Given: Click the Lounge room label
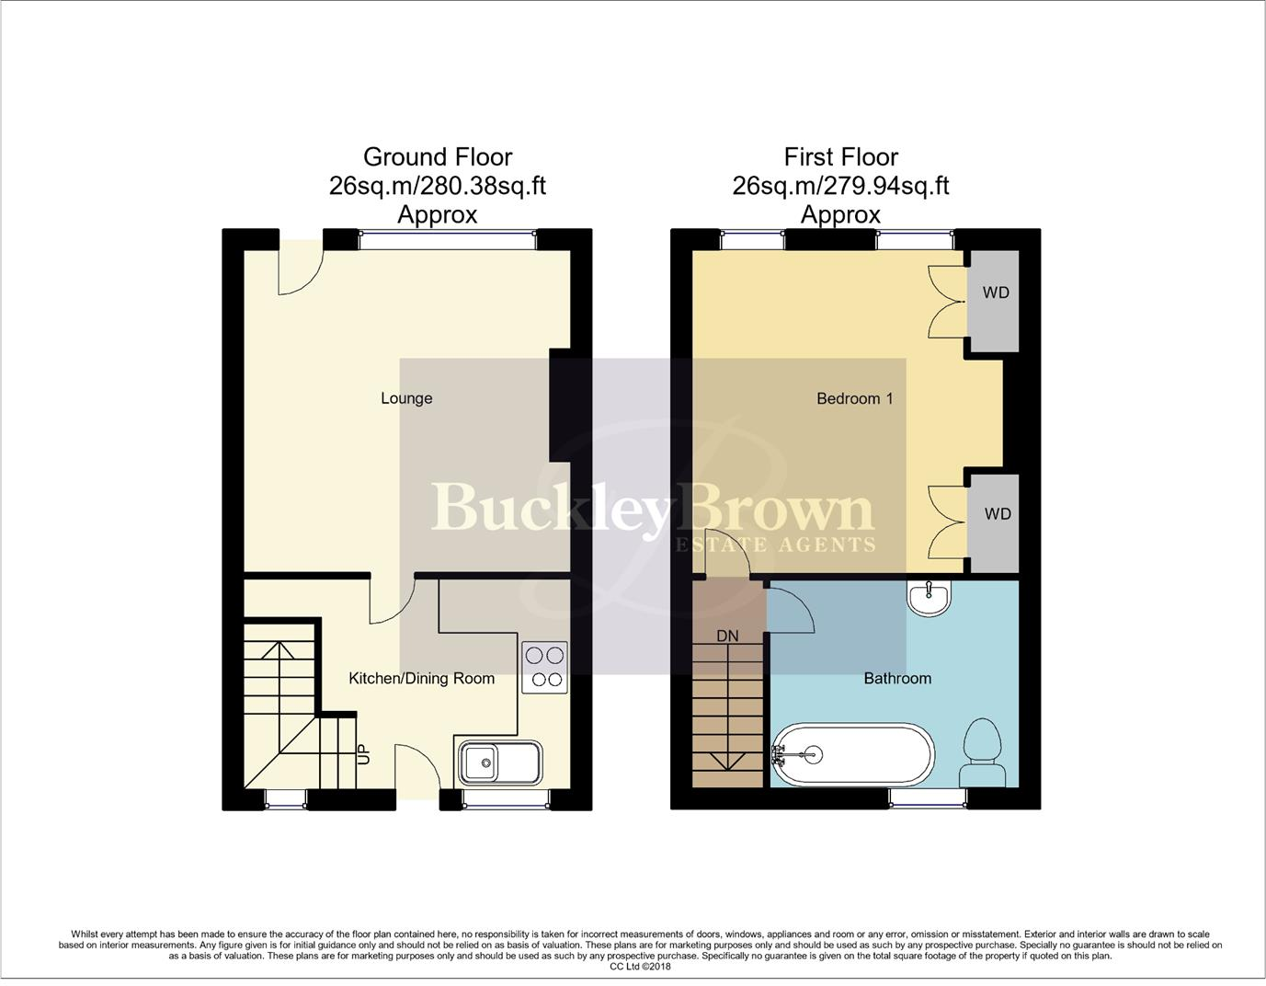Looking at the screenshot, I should (x=406, y=398).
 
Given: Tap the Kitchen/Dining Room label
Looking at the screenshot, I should (x=421, y=679).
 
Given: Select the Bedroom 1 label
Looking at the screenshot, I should (x=854, y=398).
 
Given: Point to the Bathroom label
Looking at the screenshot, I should (x=896, y=679).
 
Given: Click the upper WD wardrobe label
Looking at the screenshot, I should (x=996, y=293).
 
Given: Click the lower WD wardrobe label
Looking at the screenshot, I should (x=997, y=514).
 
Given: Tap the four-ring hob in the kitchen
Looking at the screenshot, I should (x=543, y=668).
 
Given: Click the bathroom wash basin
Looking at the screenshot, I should (x=930, y=598).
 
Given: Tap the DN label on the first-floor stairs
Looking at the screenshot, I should (x=727, y=636).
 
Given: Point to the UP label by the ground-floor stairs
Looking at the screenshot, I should (x=363, y=754).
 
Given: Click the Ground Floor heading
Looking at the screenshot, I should (x=438, y=157).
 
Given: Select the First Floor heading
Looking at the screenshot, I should (x=840, y=157).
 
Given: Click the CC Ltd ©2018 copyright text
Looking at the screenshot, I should (x=640, y=967).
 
